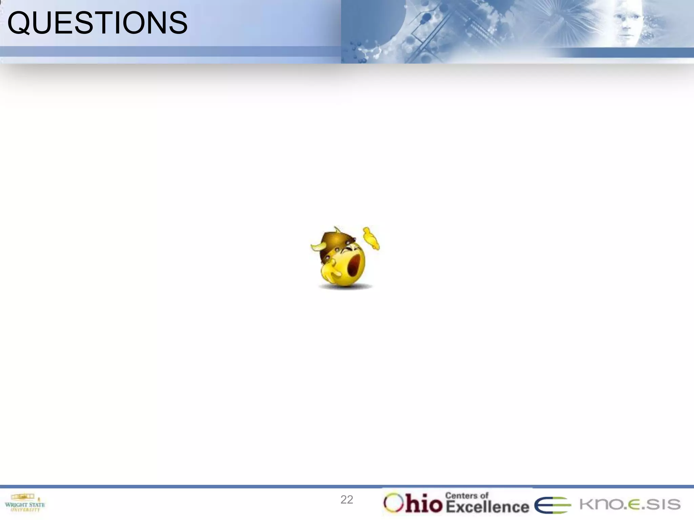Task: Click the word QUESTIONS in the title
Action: point(97,23)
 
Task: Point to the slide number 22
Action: point(347,500)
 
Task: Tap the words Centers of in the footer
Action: point(467,495)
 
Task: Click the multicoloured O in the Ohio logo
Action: point(393,503)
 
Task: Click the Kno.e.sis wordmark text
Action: point(630,504)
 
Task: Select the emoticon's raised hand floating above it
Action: point(371,238)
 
